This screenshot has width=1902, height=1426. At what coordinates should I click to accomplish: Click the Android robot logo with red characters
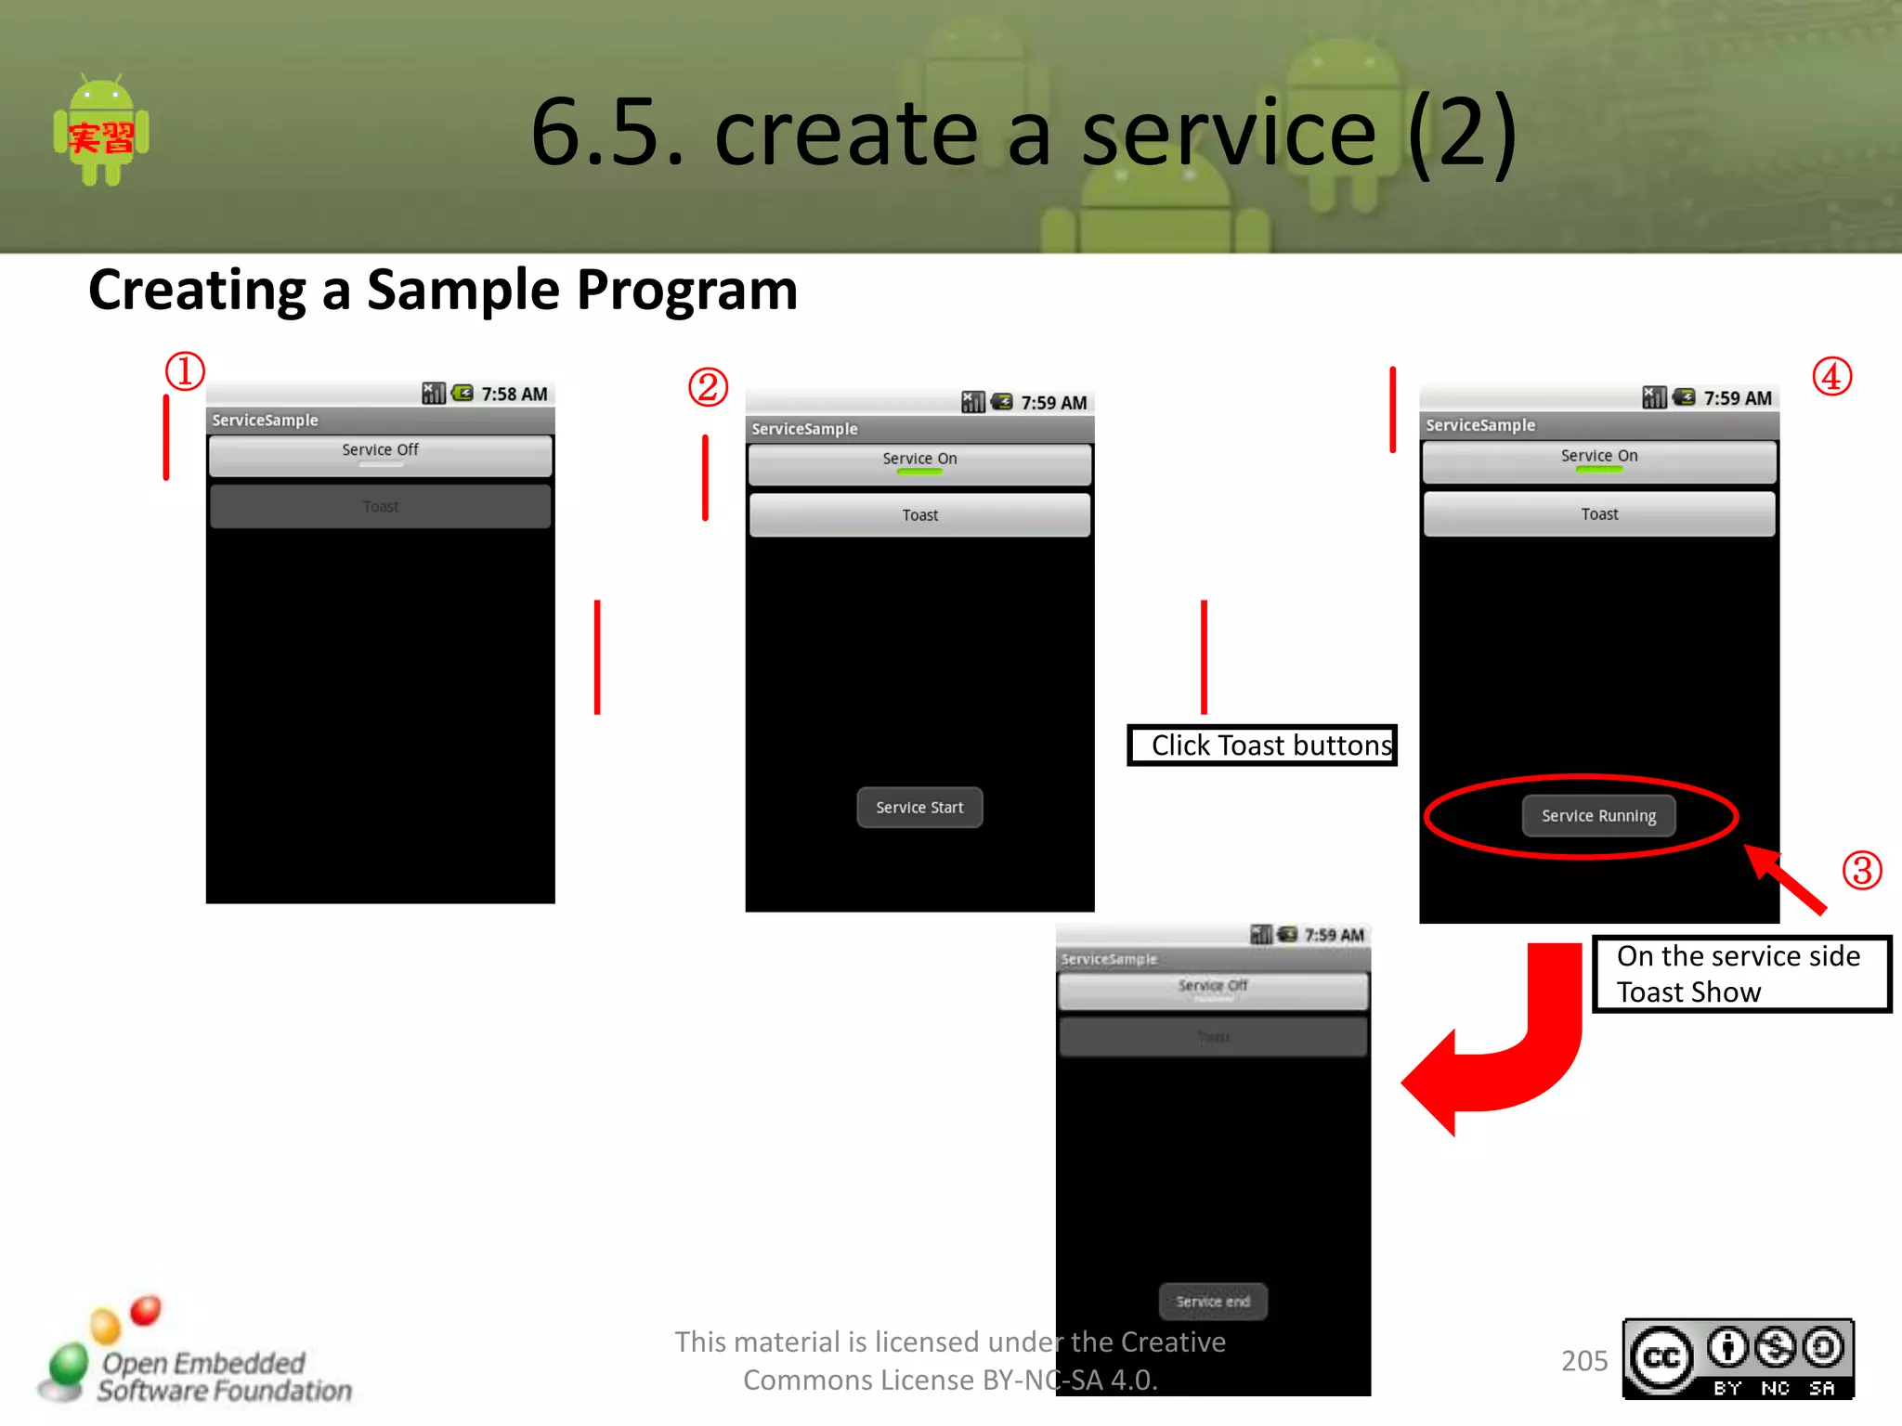pyautogui.click(x=101, y=131)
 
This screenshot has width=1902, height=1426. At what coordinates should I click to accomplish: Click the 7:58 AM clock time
pyautogui.click(x=514, y=394)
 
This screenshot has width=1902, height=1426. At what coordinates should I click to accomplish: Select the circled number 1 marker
pyautogui.click(x=185, y=371)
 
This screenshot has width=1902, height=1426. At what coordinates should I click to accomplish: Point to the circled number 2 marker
pyautogui.click(x=708, y=387)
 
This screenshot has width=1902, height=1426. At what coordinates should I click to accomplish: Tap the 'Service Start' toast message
pyautogui.click(x=919, y=808)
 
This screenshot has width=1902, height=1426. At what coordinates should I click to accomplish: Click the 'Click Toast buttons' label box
pyautogui.click(x=1262, y=745)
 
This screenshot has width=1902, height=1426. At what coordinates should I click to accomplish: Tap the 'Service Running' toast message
pyautogui.click(x=1598, y=816)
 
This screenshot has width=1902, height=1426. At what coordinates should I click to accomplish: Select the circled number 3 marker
pyautogui.click(x=1861, y=871)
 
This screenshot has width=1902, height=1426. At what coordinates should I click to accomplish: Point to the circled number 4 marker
pyautogui.click(x=1831, y=377)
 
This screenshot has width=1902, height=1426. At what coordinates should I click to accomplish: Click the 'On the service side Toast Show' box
pyautogui.click(x=1741, y=974)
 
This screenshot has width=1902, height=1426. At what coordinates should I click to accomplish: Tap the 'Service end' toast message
pyautogui.click(x=1213, y=1302)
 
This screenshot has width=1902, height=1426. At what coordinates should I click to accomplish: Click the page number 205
pyautogui.click(x=1584, y=1361)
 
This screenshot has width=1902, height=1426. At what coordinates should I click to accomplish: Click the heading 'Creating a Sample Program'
pyautogui.click(x=443, y=290)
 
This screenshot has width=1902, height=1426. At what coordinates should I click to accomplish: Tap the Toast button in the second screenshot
pyautogui.click(x=919, y=515)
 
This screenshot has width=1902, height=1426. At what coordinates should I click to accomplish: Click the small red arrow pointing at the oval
pyautogui.click(x=1786, y=879)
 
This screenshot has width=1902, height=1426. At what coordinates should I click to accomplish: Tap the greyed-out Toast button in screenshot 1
pyautogui.click(x=380, y=507)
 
